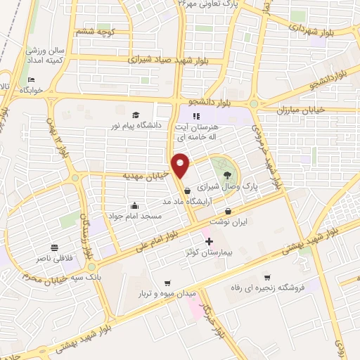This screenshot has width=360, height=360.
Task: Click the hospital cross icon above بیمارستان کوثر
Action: point(208,241)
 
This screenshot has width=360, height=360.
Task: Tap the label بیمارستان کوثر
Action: point(208,252)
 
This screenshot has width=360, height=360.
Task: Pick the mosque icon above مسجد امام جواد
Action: point(134,205)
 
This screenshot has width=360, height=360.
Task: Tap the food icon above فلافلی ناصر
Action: point(54,247)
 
